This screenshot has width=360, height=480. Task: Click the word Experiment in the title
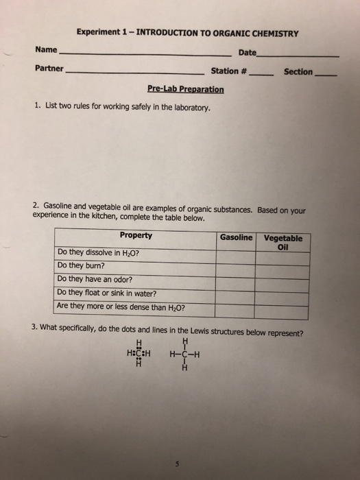[x=98, y=32]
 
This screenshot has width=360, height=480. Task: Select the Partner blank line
[x=134, y=73]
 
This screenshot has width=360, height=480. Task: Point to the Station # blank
[x=261, y=74]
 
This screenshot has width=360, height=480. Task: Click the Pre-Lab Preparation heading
[x=185, y=89]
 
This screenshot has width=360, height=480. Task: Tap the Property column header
[x=136, y=236]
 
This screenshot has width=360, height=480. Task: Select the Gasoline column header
[x=236, y=237]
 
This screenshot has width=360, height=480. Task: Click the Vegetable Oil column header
[x=283, y=241]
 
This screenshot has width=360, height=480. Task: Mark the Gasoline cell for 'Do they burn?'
[x=236, y=266]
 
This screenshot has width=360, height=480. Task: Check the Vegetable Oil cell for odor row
[x=283, y=280]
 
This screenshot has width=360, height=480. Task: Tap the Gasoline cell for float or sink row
[x=236, y=293]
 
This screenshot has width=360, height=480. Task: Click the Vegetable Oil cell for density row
[x=283, y=308]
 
